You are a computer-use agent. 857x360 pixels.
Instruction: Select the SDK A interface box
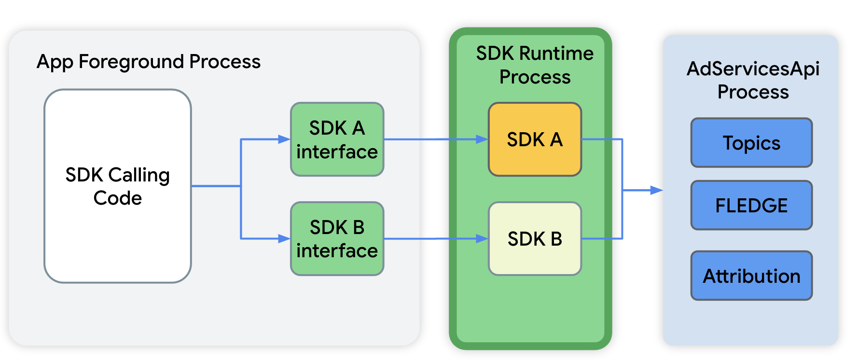(x=337, y=139)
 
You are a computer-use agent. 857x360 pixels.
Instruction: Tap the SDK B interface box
(x=337, y=239)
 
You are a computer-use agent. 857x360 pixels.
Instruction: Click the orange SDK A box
(x=535, y=139)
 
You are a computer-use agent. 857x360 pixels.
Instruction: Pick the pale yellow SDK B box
(x=535, y=239)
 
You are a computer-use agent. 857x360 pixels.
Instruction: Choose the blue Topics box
(x=751, y=143)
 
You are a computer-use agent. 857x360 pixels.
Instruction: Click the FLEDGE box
(x=751, y=206)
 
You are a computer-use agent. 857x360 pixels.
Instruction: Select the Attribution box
(x=751, y=276)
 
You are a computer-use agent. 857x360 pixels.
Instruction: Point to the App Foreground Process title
(x=149, y=62)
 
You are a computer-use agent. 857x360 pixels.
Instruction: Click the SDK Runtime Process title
(x=535, y=65)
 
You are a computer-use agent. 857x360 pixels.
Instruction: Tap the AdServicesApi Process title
(x=753, y=80)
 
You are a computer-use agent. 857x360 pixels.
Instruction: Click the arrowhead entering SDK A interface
(x=284, y=139)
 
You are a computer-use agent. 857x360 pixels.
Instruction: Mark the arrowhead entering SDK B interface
(x=284, y=238)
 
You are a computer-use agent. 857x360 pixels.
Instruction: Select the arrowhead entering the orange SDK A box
(x=482, y=139)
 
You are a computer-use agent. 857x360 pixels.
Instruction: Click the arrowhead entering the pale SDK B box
(x=482, y=238)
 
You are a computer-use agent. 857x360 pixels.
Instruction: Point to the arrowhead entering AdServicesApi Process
(x=657, y=190)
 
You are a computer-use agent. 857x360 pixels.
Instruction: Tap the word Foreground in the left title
(x=131, y=62)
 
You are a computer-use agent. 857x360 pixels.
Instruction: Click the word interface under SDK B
(x=337, y=251)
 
